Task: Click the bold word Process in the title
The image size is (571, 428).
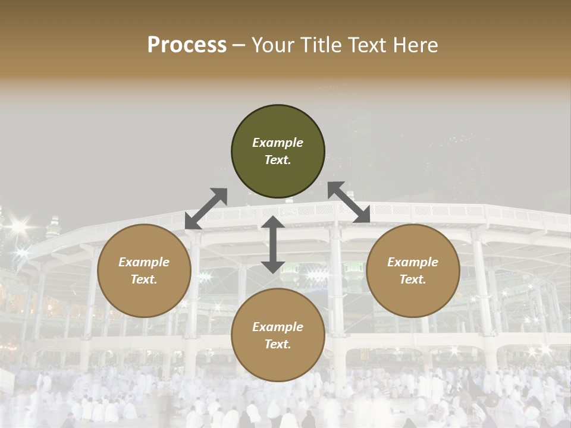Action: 187,45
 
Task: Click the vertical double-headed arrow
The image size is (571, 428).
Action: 273,244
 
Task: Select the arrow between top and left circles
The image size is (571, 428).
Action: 206,209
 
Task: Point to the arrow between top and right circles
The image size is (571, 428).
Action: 349,202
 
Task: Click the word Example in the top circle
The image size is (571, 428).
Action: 278,143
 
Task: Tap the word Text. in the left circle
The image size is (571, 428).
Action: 144,279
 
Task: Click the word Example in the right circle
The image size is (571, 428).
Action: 413,262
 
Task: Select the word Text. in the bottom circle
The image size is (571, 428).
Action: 278,344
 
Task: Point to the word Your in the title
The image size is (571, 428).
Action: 271,45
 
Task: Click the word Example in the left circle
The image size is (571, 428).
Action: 144,262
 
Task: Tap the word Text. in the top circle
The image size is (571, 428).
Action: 278,160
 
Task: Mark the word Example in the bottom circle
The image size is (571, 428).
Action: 278,327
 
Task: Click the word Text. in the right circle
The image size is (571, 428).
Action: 413,279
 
